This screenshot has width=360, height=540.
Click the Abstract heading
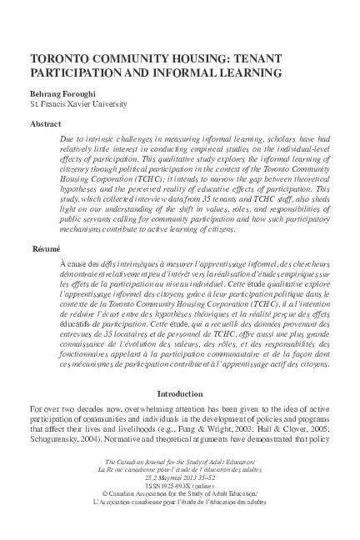(45, 122)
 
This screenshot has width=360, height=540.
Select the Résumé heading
(47, 226)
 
